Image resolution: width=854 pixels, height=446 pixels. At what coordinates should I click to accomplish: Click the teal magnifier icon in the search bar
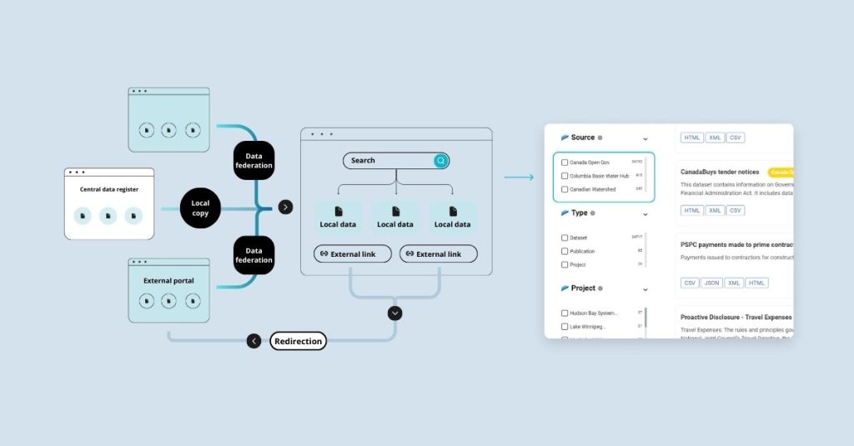440,161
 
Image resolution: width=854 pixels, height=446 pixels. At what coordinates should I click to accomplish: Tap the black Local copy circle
200,208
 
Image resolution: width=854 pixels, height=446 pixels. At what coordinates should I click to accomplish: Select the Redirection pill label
298,341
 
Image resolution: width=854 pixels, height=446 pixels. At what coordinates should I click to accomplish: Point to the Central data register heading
109,190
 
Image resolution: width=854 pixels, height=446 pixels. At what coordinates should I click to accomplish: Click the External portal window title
168,281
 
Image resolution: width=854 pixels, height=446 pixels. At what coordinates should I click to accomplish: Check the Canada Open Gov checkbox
565,163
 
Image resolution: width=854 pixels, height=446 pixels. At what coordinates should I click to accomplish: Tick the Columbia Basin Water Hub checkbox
565,176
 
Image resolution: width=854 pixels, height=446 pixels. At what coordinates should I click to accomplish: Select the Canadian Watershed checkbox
565,189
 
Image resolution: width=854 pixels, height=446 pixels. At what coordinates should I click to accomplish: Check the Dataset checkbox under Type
565,238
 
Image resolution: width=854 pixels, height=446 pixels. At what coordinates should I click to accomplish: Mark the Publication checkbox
565,251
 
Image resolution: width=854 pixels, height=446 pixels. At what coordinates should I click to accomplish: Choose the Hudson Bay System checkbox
565,313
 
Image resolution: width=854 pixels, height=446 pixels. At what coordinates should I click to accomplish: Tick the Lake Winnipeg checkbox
565,327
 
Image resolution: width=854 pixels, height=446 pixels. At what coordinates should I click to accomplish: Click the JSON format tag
711,283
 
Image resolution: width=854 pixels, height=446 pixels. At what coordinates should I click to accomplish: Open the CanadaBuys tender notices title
720,173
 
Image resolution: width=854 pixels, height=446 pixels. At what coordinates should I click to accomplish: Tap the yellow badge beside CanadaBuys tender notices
781,173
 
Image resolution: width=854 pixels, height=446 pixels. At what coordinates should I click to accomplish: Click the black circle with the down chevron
395,313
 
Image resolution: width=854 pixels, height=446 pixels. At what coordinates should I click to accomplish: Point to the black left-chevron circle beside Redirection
254,341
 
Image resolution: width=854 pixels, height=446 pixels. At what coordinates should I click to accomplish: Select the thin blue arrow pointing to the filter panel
519,178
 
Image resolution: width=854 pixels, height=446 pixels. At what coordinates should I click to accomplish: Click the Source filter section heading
583,138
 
